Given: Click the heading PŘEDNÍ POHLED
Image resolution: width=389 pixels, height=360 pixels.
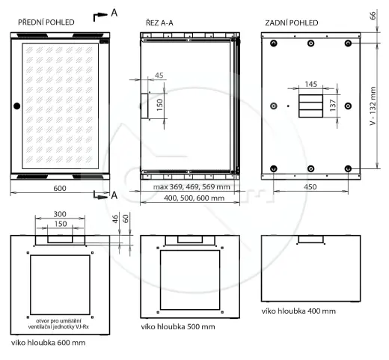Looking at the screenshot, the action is click(46, 22).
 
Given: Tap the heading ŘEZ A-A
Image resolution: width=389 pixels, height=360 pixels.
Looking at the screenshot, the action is click(159, 22).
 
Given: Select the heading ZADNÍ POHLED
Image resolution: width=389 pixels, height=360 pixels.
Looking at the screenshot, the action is click(292, 23).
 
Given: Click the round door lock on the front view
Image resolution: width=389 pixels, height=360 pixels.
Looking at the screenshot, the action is click(16, 106).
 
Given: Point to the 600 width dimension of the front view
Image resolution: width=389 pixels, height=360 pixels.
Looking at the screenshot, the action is click(60, 188).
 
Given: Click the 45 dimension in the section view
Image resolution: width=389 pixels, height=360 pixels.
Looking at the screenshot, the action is click(159, 75).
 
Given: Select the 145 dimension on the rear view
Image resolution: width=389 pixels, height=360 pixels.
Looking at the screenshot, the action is click(311, 84).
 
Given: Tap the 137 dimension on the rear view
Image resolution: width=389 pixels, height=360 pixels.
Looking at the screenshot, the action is click(333, 106).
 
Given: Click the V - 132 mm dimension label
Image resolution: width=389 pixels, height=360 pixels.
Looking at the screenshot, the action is click(373, 106).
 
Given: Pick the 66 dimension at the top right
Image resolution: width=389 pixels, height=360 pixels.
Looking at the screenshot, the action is click(373, 16).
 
